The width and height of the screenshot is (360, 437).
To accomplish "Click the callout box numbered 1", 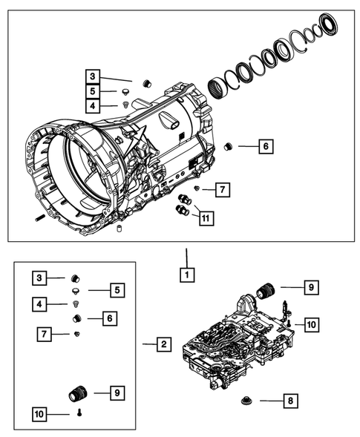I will pyautogui.click(x=187, y=275).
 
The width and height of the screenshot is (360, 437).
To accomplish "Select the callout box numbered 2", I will pyautogui.click(x=163, y=344).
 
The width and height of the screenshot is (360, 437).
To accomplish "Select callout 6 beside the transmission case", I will pyautogui.click(x=264, y=146).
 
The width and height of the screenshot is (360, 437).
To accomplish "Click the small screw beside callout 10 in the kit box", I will pyautogui.click(x=78, y=414).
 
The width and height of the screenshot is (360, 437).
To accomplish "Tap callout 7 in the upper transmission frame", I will pyautogui.click(x=222, y=190).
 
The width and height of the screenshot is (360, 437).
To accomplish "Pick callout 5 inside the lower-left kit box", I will pyautogui.click(x=116, y=289).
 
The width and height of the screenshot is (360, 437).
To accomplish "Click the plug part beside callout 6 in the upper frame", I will pyautogui.click(x=229, y=145).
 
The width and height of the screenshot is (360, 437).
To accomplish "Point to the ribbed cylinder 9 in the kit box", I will pyautogui.click(x=78, y=390).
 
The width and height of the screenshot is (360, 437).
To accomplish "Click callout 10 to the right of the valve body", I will pyautogui.click(x=311, y=324).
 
